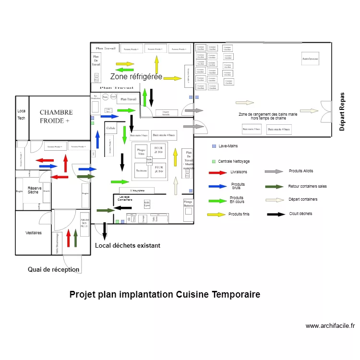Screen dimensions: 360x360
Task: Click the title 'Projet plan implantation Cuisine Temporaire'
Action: click(x=165, y=294)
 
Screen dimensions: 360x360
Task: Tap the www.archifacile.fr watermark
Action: click(x=330, y=326)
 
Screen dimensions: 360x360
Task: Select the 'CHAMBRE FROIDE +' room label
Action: click(x=56, y=116)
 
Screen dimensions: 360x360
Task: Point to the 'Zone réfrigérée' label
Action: click(x=136, y=77)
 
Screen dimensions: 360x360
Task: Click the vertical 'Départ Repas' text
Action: click(x=342, y=111)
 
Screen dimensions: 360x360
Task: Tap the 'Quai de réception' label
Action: click(x=53, y=270)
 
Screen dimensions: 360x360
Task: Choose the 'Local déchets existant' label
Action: click(x=128, y=245)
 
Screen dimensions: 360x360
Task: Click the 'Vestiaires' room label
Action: click(x=34, y=233)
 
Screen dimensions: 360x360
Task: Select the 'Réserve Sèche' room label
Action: click(x=34, y=190)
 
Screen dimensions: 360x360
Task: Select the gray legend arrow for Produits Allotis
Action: click(x=274, y=171)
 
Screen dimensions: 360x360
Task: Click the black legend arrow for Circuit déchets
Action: click(x=276, y=214)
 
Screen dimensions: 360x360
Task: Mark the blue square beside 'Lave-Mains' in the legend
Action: click(x=214, y=146)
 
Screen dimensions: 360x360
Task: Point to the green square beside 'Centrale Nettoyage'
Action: click(x=214, y=161)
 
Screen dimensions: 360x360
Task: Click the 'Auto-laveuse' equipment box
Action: click(x=310, y=59)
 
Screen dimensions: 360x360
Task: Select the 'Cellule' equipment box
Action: click(x=111, y=129)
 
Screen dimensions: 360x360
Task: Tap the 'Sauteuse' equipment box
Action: click(x=141, y=170)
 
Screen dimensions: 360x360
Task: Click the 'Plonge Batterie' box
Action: click(x=188, y=206)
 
